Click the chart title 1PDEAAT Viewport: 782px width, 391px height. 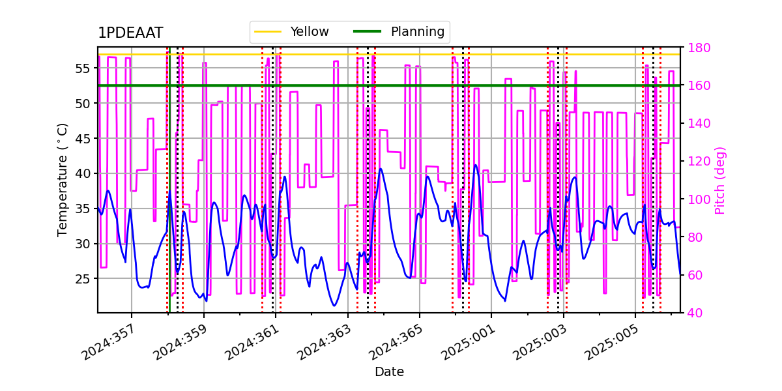pyautogui.click(x=130, y=34)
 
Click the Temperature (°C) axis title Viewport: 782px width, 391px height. pyautogui.click(x=63, y=179)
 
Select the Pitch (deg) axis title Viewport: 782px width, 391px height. pyautogui.click(x=720, y=180)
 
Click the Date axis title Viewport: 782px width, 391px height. pyautogui.click(x=389, y=372)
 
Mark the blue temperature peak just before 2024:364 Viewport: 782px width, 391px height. pyautogui.click(x=381, y=169)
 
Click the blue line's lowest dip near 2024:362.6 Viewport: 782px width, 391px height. pyautogui.click(x=334, y=306)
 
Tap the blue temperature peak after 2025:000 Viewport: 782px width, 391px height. pyautogui.click(x=476, y=165)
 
